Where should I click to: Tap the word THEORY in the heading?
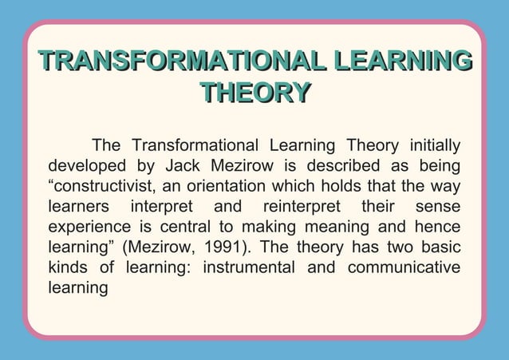point(254,93)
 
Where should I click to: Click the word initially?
point(434,146)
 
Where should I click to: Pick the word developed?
point(87,166)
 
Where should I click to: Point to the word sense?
point(438,207)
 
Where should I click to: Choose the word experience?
point(91,227)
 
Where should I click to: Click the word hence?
point(438,227)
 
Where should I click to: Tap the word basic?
point(440,247)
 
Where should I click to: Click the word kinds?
point(69,267)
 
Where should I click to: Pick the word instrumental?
point(249,267)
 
